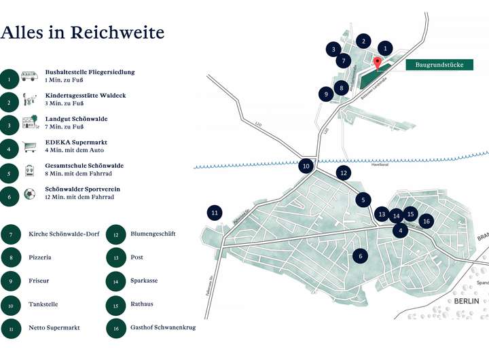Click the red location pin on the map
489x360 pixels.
pyautogui.click(x=378, y=62)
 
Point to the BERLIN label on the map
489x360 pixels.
pyautogui.click(x=467, y=301)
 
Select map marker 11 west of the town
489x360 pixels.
pyautogui.click(x=215, y=213)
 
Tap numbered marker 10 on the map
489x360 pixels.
pyautogui.click(x=306, y=165)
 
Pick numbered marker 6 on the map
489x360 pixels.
pyautogui.click(x=361, y=255)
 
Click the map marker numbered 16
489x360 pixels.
pyautogui.click(x=426, y=221)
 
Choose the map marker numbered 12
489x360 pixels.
pyautogui.click(x=344, y=173)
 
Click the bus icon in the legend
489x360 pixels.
pyautogui.click(x=29, y=77)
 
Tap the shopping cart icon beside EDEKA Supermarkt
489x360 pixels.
pyautogui.click(x=29, y=146)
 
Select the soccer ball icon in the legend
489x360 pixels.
pyautogui.click(x=29, y=194)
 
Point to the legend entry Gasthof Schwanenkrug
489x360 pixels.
pyautogui.click(x=163, y=327)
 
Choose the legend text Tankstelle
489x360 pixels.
pyautogui.click(x=43, y=304)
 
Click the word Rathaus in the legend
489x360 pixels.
pyautogui.click(x=142, y=304)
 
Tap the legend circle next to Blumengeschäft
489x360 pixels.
pyautogui.click(x=117, y=234)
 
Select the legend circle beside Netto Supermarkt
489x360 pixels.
pyautogui.click(x=10, y=327)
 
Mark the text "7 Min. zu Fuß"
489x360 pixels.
pyautogui.click(x=65, y=127)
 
